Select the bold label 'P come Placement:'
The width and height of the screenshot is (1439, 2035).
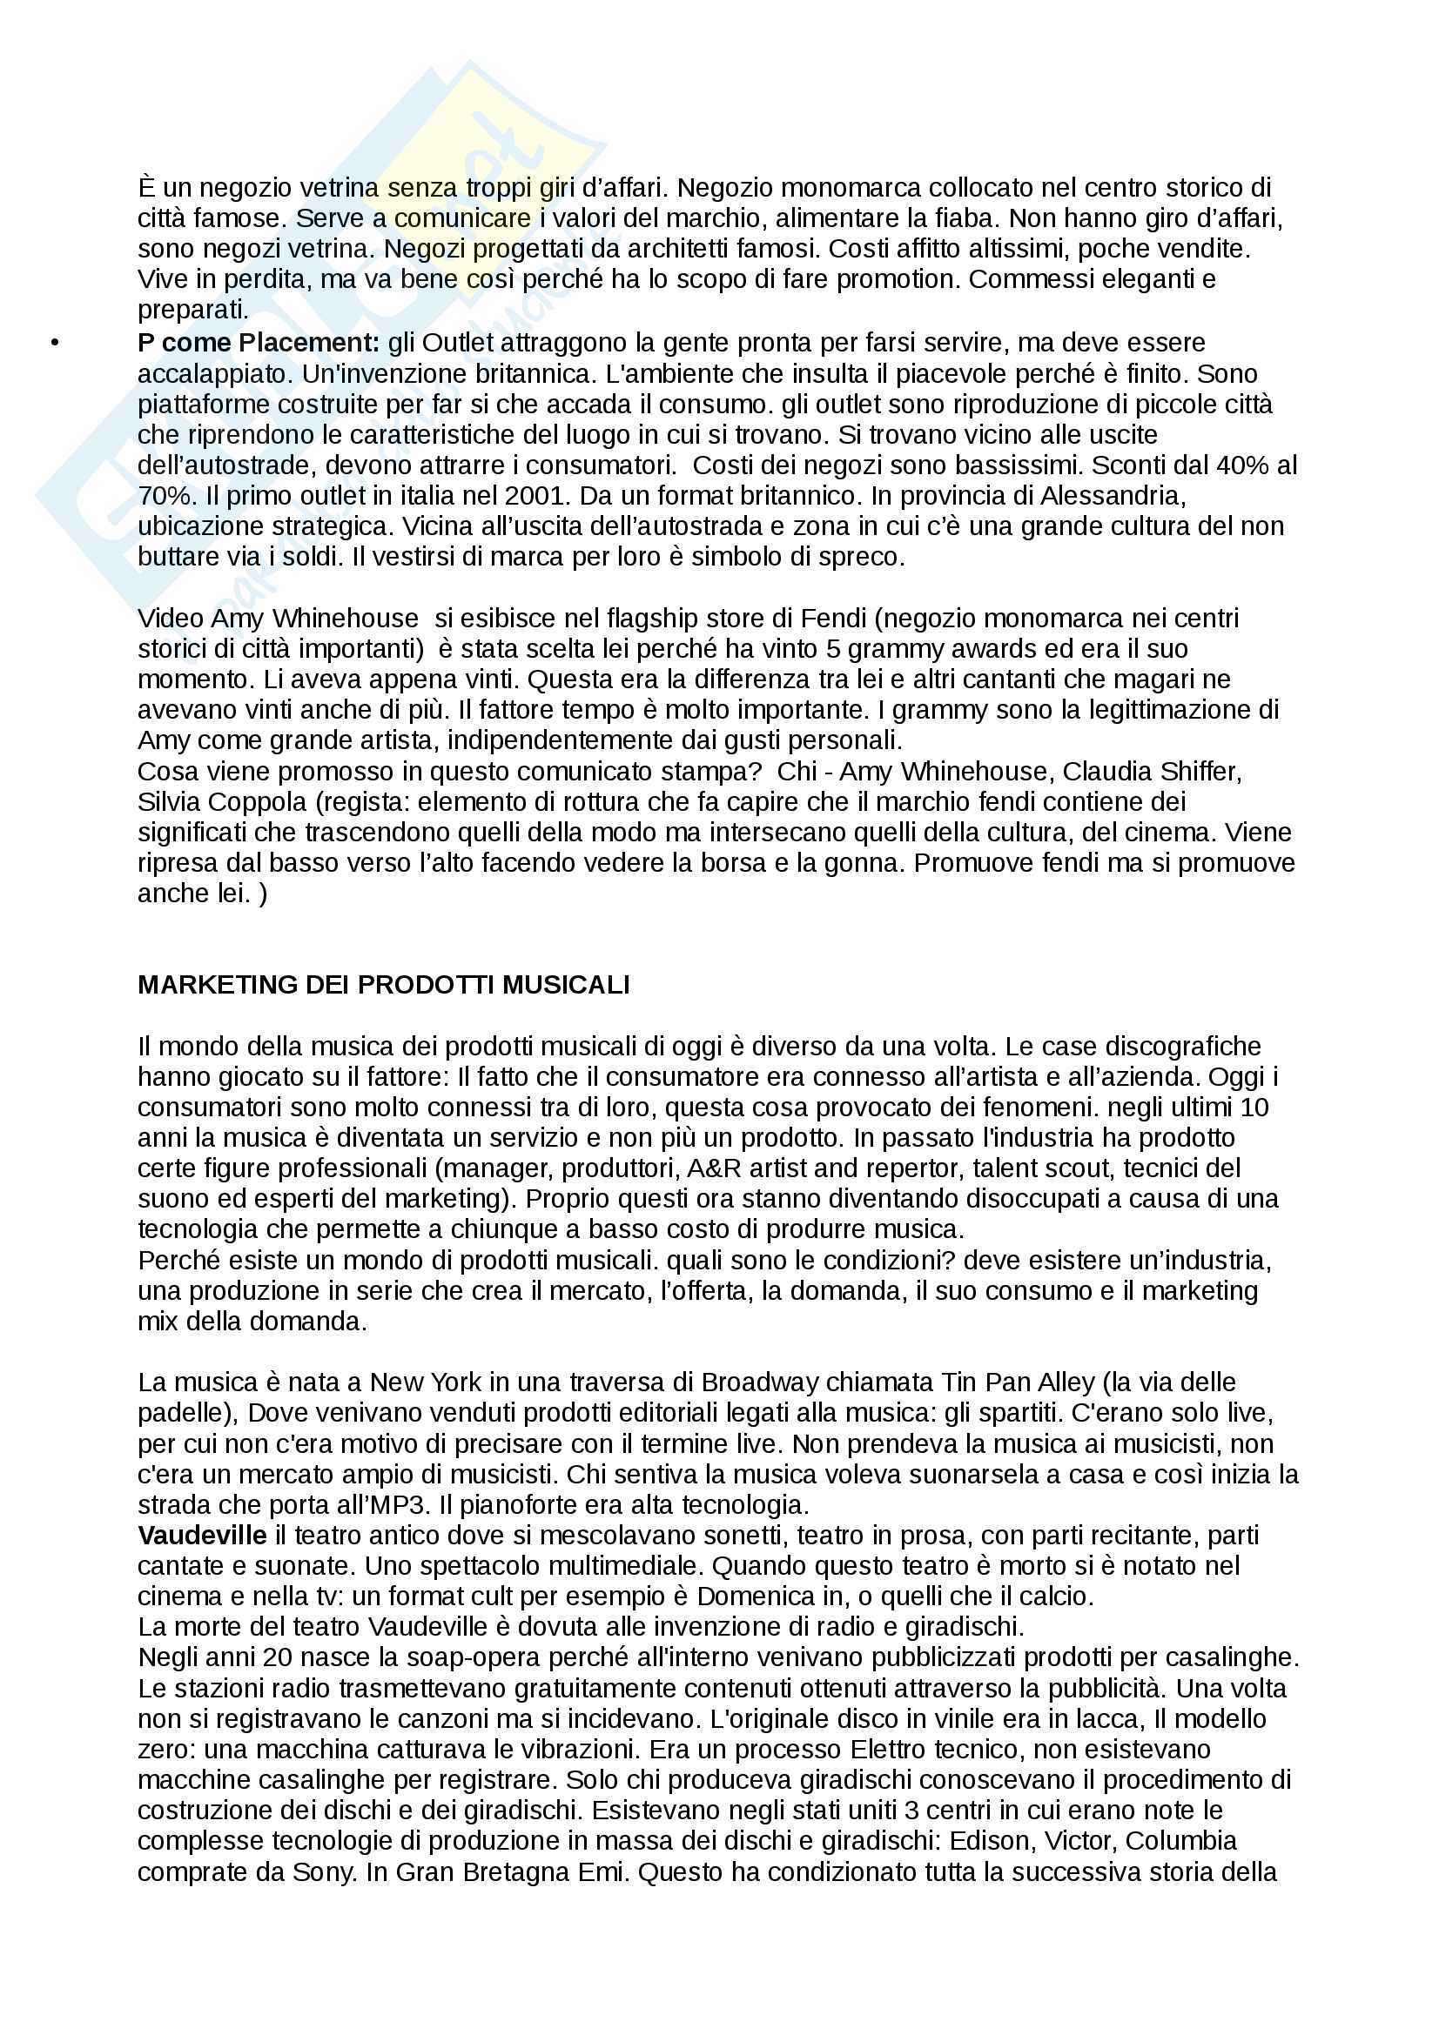tap(258, 343)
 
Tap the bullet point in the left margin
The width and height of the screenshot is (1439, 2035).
tap(55, 343)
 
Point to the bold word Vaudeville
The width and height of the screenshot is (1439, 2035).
tap(202, 1535)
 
